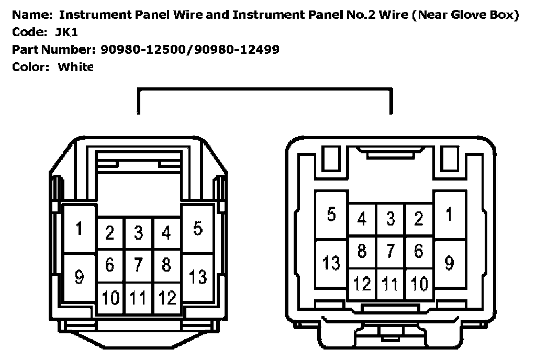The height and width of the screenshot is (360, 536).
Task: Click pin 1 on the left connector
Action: click(79, 229)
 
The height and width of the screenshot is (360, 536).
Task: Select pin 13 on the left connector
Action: click(197, 277)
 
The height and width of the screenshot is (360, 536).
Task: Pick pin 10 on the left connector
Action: click(110, 298)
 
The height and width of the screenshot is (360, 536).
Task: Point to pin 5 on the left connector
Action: click(197, 229)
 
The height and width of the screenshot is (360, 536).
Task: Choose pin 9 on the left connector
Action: click(79, 277)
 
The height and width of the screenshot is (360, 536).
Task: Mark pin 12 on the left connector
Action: click(167, 298)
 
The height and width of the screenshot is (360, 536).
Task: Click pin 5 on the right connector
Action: click(331, 215)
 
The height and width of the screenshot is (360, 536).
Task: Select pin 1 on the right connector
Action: click(449, 215)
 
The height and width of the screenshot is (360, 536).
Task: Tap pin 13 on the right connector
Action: click(331, 263)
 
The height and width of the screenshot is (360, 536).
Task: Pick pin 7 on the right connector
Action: click(390, 251)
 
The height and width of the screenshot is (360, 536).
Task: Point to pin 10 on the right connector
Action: click(419, 284)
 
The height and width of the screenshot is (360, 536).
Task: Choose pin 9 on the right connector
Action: click(449, 263)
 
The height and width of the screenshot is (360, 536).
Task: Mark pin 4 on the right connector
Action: click(362, 219)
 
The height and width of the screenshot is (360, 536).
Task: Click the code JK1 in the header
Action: click(66, 32)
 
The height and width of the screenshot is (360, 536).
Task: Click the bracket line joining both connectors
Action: click(264, 90)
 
